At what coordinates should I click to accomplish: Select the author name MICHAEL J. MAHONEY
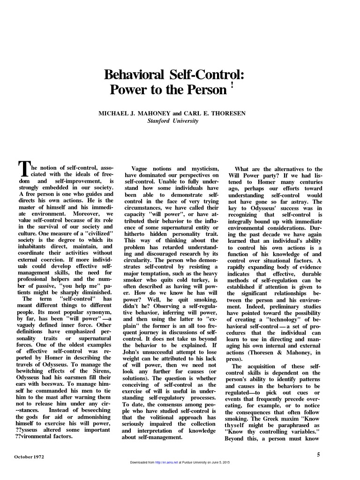click(x=129, y=113)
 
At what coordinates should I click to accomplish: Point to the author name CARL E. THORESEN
click(x=213, y=113)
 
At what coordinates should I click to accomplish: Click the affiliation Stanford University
click(x=173, y=120)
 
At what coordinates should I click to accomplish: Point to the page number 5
click(x=318, y=454)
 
